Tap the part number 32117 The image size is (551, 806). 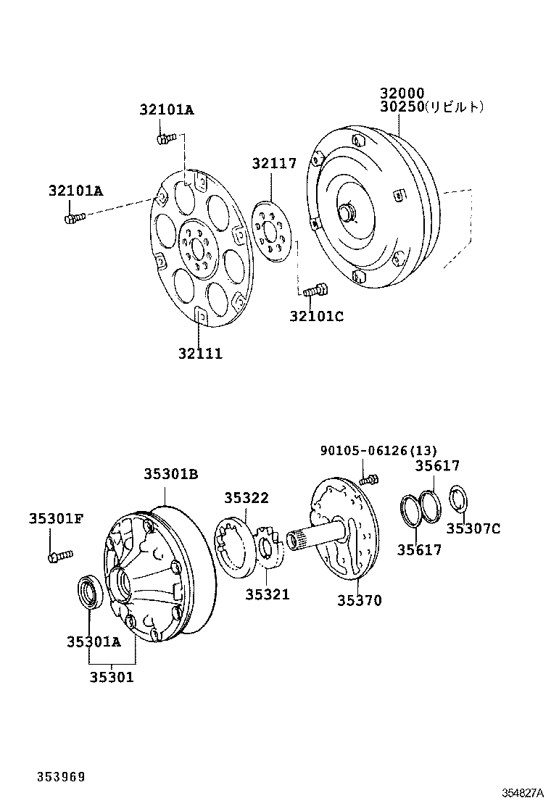point(274,164)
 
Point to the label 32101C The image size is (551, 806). point(316,316)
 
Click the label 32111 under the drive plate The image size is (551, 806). point(200,354)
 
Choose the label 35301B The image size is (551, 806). point(170,474)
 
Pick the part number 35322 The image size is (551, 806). point(246,498)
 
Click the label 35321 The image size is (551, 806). point(267,594)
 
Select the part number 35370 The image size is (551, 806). point(359,600)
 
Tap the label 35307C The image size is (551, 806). point(473,528)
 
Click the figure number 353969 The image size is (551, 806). point(62,776)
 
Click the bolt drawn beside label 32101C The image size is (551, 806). point(314,291)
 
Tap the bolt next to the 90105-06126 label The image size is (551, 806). point(370,478)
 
